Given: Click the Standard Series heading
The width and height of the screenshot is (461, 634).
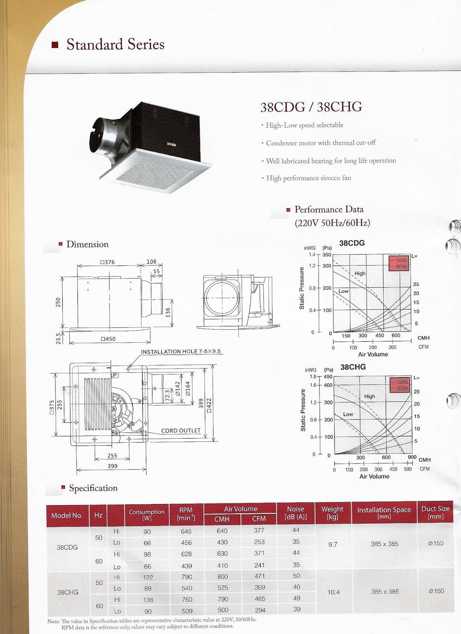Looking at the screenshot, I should click(115, 44).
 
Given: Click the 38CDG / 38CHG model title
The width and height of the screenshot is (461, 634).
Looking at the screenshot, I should click(311, 107).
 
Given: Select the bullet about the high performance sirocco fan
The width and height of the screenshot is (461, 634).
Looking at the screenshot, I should click(308, 178).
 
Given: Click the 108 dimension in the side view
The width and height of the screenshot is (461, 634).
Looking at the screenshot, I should click(151, 262).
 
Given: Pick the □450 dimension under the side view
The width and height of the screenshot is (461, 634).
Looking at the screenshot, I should click(108, 339).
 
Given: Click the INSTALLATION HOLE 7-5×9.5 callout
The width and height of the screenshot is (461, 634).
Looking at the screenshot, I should click(181, 351).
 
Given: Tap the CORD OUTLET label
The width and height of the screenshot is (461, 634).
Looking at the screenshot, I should click(181, 430).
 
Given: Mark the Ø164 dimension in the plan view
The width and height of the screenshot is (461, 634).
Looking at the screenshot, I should click(188, 389).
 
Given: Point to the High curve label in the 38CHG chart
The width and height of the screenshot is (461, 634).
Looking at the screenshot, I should click(370, 396).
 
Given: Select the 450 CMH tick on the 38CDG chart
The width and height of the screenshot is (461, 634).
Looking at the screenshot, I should click(379, 336).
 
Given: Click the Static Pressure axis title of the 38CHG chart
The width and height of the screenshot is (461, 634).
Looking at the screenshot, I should click(303, 410).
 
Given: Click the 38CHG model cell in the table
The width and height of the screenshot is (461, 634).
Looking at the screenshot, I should click(68, 592).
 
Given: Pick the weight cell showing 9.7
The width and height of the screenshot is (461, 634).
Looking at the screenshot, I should click(333, 544).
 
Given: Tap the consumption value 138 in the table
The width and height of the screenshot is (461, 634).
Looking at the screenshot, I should click(148, 600).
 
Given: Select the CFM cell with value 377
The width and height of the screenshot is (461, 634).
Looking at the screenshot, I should click(259, 530).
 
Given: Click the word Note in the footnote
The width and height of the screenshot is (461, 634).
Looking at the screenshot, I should click(53, 621).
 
